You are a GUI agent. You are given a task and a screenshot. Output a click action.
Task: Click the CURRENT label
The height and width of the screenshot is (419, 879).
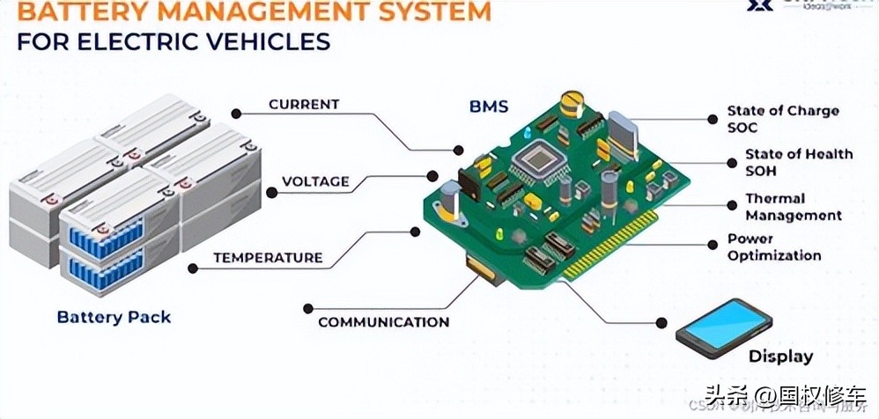[x=304, y=105]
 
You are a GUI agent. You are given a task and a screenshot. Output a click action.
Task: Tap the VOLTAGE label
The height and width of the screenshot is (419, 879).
[x=315, y=182]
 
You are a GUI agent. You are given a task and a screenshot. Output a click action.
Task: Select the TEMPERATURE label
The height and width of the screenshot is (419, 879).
[x=268, y=258]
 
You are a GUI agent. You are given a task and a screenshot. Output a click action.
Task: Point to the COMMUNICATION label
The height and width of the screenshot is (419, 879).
[x=383, y=322]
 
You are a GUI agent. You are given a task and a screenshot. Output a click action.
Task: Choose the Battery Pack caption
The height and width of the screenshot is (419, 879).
[x=114, y=317]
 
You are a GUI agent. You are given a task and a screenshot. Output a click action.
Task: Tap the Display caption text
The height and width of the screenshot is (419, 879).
[x=780, y=357]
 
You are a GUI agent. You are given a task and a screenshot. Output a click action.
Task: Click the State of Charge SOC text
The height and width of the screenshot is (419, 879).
[x=782, y=119]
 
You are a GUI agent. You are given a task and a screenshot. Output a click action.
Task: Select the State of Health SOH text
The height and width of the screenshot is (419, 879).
[x=798, y=162]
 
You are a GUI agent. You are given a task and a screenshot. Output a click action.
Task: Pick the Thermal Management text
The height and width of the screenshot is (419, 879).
[x=793, y=207]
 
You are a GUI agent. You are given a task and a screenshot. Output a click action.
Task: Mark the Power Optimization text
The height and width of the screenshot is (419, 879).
[x=774, y=247]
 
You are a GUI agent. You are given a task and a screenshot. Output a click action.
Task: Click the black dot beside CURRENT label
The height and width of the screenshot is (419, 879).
[x=236, y=113]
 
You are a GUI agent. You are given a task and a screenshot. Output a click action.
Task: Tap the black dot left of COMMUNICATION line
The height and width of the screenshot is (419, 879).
[x=307, y=308]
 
